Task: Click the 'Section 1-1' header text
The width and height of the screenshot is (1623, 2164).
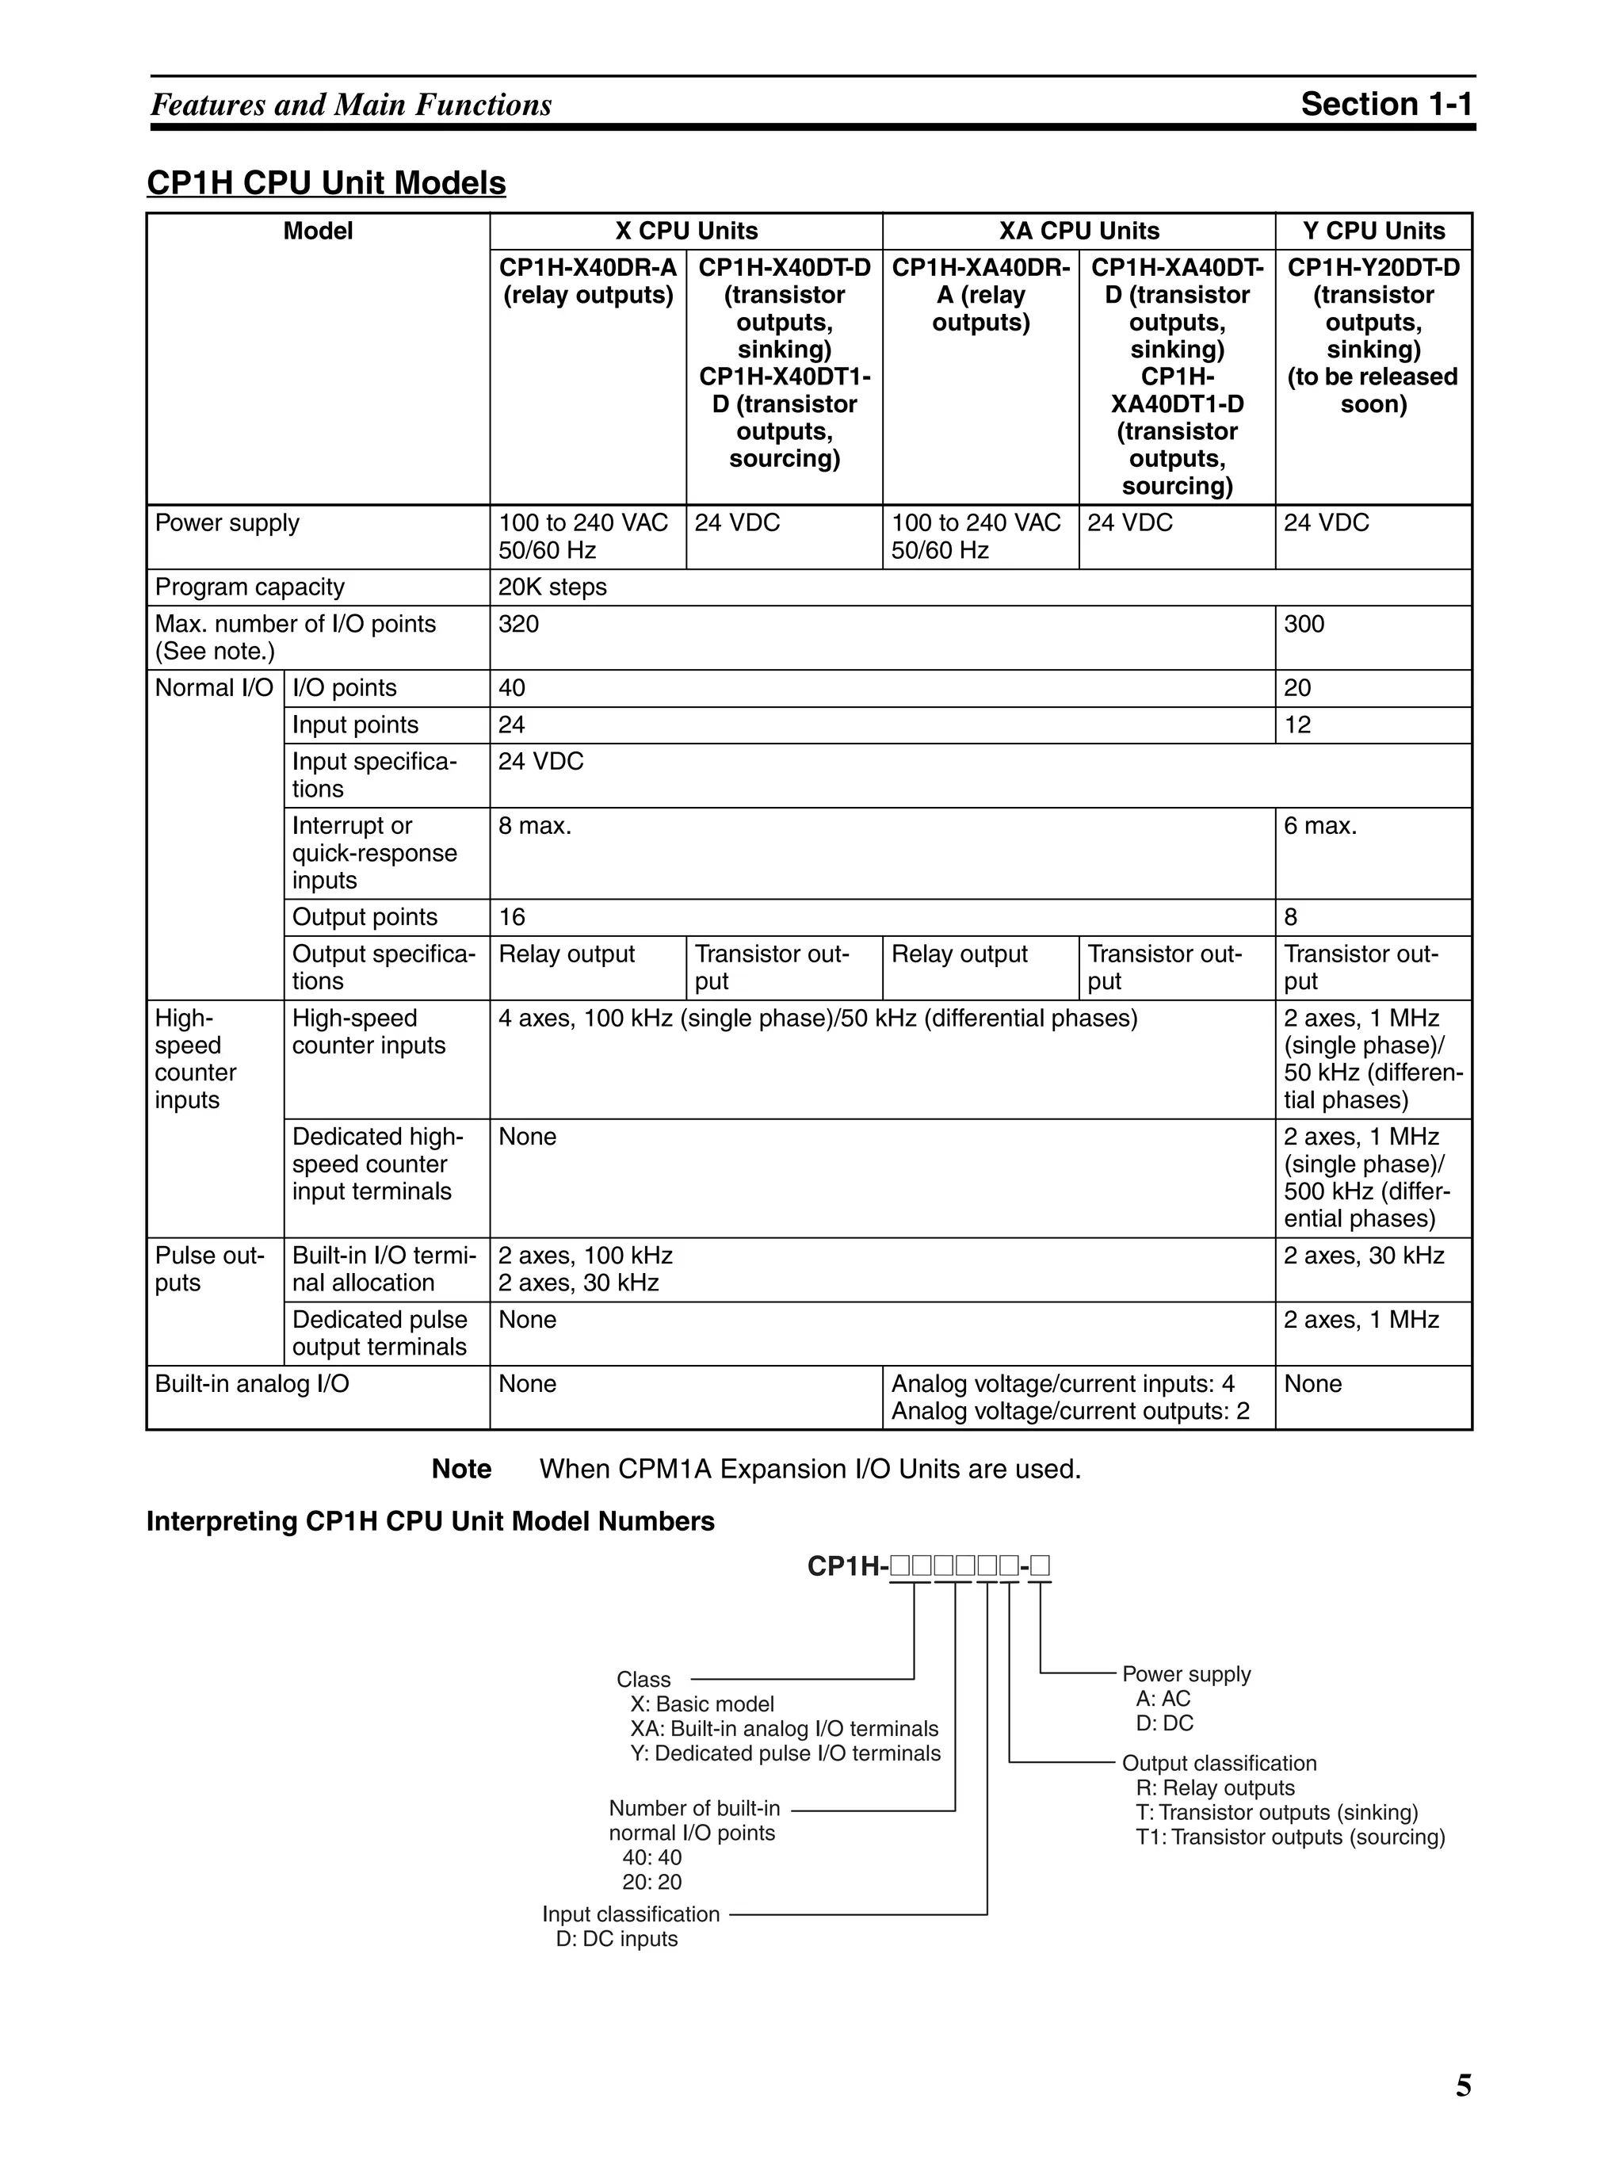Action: click(x=1385, y=104)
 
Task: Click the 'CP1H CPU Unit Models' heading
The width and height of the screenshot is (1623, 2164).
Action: click(x=326, y=183)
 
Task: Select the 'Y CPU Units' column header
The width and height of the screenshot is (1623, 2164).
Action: click(x=1373, y=231)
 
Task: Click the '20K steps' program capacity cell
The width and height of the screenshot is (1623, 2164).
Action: click(x=552, y=587)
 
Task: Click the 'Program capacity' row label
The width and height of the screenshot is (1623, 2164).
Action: click(x=250, y=587)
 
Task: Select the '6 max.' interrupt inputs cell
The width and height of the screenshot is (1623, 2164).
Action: click(x=1319, y=826)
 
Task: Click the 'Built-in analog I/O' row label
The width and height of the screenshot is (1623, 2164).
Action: click(x=251, y=1383)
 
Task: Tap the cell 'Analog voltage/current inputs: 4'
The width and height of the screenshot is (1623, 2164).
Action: click(x=1063, y=1383)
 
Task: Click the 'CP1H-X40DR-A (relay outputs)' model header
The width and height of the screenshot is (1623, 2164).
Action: click(x=588, y=281)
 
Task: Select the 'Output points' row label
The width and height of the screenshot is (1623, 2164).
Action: click(x=364, y=916)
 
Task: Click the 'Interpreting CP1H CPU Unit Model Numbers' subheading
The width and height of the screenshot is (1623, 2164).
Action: click(x=430, y=1521)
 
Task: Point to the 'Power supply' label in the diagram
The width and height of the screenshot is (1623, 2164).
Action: click(x=1186, y=1674)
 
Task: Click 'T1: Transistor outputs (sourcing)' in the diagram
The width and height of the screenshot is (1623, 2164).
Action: click(x=1289, y=1837)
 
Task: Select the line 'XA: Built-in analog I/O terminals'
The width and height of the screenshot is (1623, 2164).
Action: click(x=784, y=1729)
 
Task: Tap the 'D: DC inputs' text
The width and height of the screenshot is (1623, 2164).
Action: click(x=617, y=1938)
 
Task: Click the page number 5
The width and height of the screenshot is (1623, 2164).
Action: click(x=1463, y=2086)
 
